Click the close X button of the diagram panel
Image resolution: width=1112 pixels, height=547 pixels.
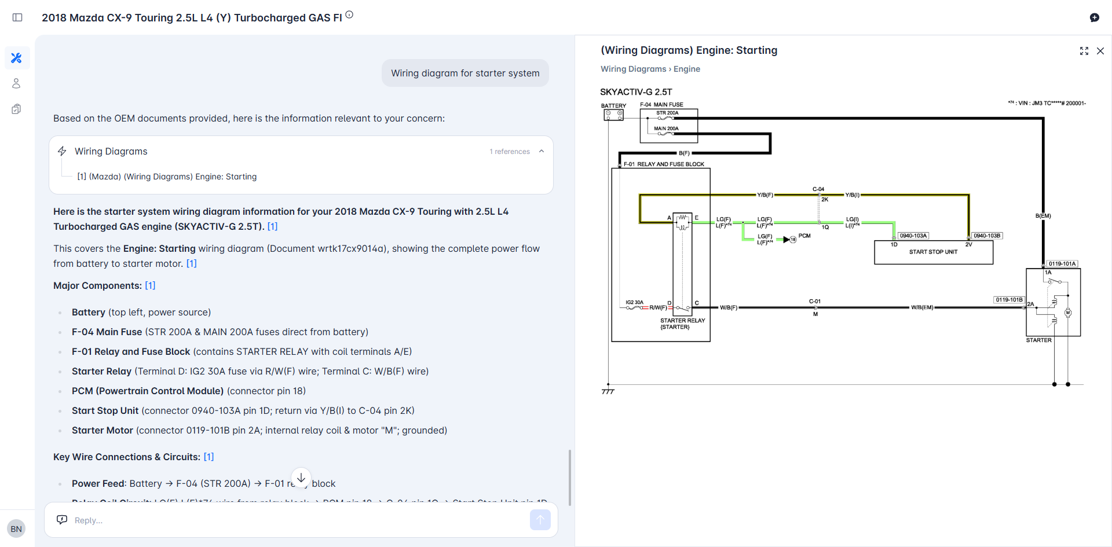coord(1100,51)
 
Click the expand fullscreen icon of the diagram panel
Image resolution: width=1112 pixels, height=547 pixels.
coord(1084,51)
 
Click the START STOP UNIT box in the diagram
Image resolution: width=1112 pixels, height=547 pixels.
coord(933,252)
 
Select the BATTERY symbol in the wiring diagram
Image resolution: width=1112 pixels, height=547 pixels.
coord(613,115)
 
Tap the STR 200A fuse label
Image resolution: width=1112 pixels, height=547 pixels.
coord(667,113)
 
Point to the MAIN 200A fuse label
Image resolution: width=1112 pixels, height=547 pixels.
coord(666,129)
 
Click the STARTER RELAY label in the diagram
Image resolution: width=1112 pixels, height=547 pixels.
coord(682,320)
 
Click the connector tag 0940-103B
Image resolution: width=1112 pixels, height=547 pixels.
coord(987,236)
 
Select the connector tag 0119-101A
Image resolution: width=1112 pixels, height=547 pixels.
coord(1062,263)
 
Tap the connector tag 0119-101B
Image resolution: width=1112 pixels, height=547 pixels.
coord(1009,300)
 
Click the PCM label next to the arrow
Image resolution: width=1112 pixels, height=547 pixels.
coord(804,236)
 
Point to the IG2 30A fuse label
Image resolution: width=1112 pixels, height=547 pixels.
coord(634,302)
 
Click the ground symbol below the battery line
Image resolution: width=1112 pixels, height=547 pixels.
coord(608,392)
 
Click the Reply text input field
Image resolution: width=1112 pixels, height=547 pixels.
coord(290,520)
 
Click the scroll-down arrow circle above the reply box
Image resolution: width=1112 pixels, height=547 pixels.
coord(301,478)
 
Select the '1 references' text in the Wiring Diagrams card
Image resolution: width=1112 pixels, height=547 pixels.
coord(510,152)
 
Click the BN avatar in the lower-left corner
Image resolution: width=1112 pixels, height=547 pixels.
coord(16,528)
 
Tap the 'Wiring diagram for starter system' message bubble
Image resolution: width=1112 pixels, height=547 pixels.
coord(465,74)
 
